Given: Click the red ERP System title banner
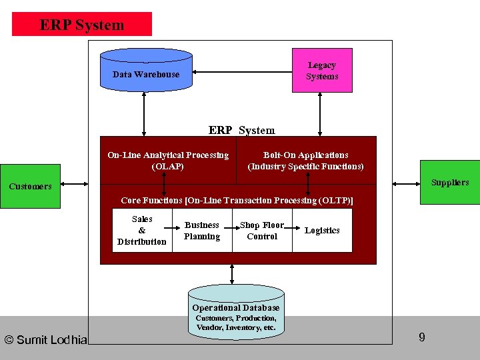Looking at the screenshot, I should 82,25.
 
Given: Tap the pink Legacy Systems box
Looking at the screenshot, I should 322,71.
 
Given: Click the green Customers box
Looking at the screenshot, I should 30,186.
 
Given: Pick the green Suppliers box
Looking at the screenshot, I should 449,182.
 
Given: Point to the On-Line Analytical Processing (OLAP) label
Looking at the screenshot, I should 168,161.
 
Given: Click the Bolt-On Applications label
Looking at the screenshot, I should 305,161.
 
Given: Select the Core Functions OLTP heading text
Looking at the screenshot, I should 237,200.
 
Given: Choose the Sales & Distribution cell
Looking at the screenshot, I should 142,230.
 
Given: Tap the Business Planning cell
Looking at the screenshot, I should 202,231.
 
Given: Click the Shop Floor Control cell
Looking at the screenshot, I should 262,231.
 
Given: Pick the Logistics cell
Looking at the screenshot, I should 322,231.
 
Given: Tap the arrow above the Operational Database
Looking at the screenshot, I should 232,273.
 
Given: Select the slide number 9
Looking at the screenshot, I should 421,337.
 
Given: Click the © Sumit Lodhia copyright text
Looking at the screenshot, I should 45,340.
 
